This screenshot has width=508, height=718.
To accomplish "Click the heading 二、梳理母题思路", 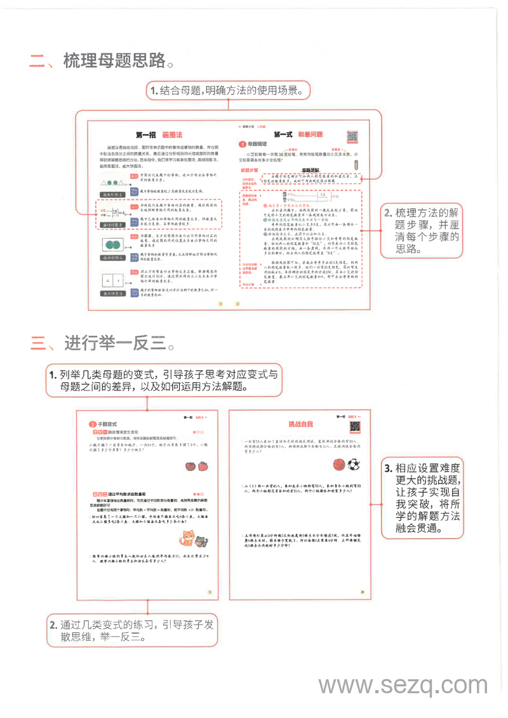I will [102, 61].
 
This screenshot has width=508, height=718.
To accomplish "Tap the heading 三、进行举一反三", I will [102, 343].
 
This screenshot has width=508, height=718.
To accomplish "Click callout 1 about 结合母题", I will [228, 91].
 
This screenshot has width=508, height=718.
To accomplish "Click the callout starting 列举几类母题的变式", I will [164, 380].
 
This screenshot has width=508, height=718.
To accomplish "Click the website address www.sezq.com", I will [403, 686].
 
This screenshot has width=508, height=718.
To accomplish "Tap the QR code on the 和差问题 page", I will [352, 136].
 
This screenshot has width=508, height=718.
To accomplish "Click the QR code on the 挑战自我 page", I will [356, 427].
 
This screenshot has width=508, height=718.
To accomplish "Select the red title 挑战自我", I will [301, 424].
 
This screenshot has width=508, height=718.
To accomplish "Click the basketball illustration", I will [338, 465].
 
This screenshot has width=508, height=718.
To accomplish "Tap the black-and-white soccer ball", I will [354, 465].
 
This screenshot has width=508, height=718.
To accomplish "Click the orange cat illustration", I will [187, 538].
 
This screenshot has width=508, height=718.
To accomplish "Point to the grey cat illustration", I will [201, 542].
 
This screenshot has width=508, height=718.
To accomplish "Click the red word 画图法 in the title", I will [172, 135].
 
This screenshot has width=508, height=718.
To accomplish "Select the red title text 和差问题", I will [311, 135].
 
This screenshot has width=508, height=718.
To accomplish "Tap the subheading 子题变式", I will [107, 424].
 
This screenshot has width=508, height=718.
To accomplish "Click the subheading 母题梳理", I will [257, 145].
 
